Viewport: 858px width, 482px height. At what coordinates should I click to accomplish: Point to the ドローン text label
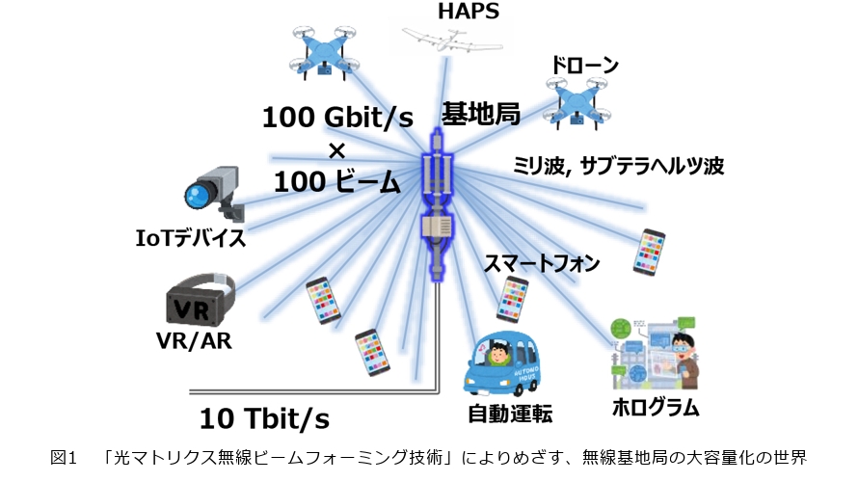(583, 66)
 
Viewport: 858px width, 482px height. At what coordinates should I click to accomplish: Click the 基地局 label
(481, 115)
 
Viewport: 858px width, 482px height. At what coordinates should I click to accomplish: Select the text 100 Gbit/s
(337, 120)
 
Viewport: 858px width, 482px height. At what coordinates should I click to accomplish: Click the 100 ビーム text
(336, 180)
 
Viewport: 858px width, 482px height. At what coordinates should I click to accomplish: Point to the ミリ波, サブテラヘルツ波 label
(618, 166)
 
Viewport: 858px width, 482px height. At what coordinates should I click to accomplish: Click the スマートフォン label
(542, 263)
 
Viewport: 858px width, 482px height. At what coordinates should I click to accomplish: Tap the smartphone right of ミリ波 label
(651, 251)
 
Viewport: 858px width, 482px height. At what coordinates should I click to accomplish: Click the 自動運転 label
(510, 415)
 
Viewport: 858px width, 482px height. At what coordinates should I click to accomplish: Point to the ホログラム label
(656, 406)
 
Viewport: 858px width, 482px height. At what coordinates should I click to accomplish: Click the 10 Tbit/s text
(264, 419)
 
